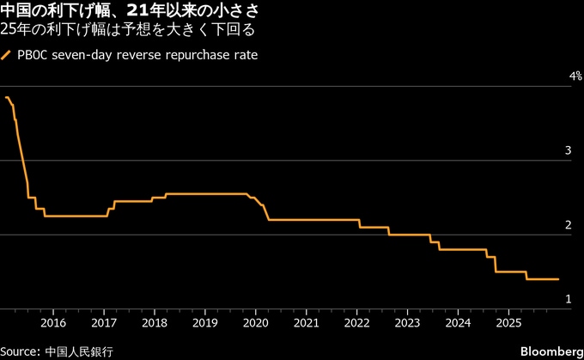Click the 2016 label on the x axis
(53, 323)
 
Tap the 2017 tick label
(104, 323)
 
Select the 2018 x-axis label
(155, 323)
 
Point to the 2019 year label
(205, 323)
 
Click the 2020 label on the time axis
(256, 323)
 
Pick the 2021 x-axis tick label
(307, 323)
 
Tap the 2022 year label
(357, 323)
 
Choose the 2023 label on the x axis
(407, 323)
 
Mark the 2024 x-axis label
(458, 323)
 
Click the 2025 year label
(508, 323)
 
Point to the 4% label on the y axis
(576, 76)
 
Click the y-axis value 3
(568, 150)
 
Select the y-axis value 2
(568, 224)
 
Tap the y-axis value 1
(568, 298)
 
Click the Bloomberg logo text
(551, 351)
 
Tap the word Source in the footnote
(19, 351)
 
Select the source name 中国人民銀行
(79, 351)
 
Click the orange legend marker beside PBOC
(7, 56)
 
